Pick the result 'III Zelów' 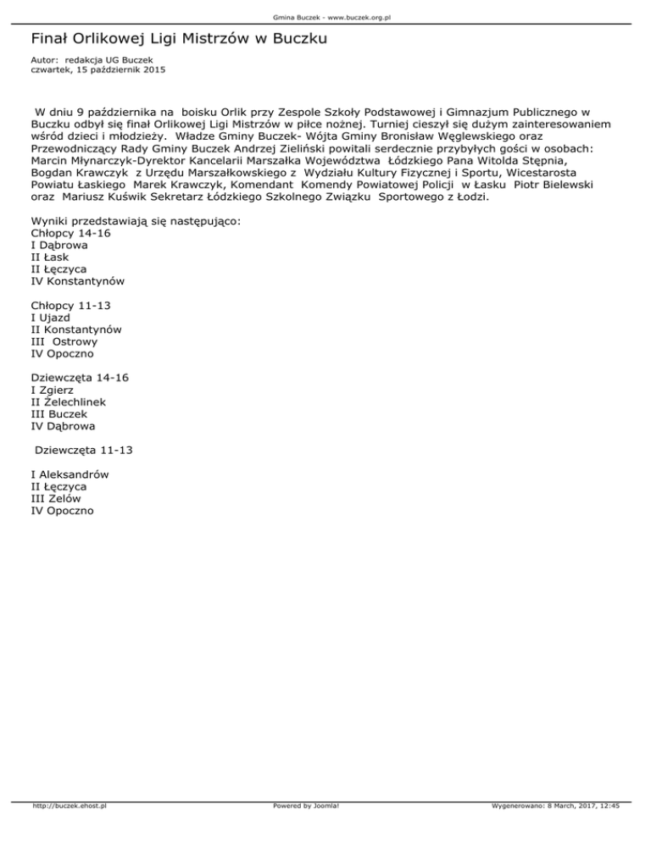click(x=56, y=499)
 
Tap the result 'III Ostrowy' click(x=64, y=341)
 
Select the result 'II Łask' click(x=49, y=256)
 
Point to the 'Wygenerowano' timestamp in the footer click(x=555, y=831)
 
